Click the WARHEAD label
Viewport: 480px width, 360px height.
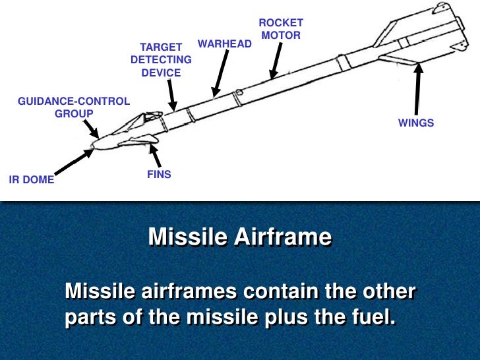[x=225, y=44]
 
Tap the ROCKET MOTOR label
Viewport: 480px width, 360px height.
[x=282, y=28]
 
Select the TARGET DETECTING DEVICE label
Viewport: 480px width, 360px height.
[x=161, y=60]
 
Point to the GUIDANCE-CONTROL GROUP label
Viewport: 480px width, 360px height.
[x=74, y=107]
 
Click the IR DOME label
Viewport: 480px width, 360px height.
[x=31, y=179]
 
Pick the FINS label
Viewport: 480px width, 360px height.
[x=159, y=175]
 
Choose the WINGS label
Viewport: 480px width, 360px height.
[x=416, y=123]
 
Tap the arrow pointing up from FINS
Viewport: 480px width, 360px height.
[x=155, y=154]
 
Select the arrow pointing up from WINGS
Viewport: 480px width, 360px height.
[x=417, y=89]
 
